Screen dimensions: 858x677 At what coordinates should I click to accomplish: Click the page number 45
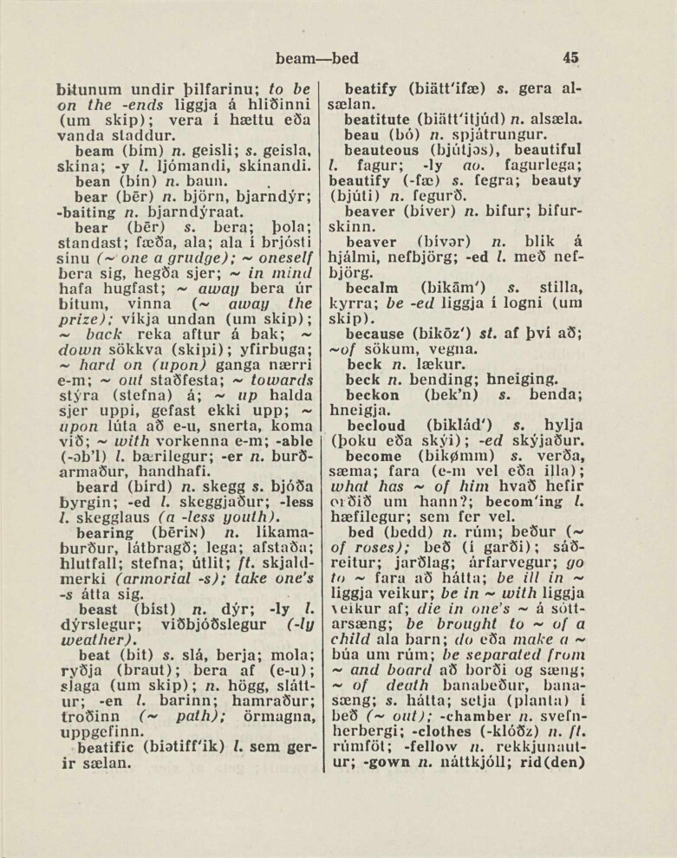(570, 58)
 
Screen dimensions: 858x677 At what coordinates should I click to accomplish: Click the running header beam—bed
(316, 59)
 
